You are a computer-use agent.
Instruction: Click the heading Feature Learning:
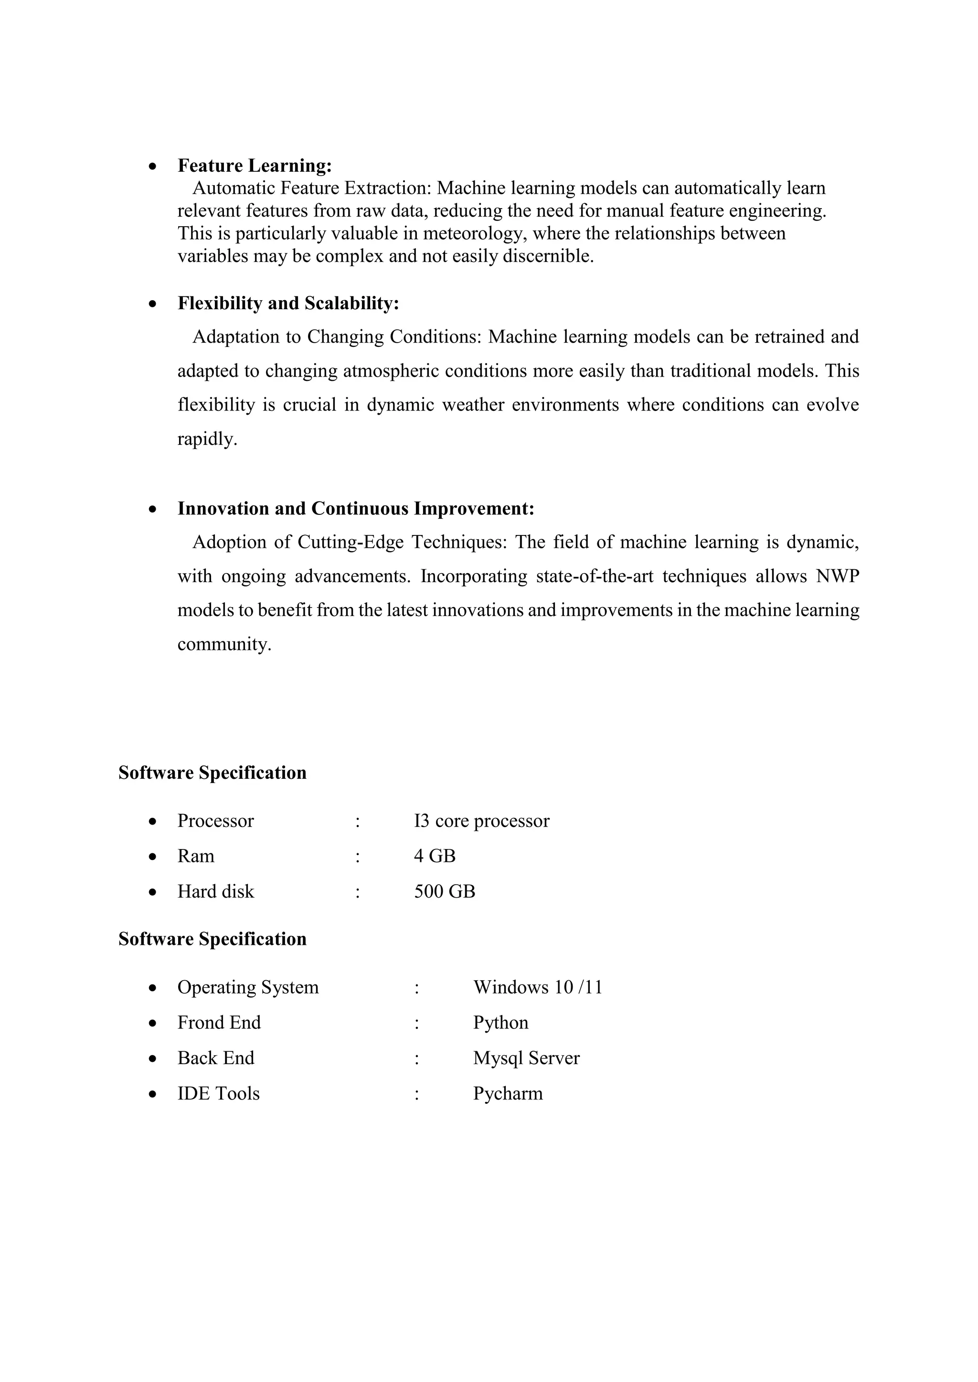point(254,166)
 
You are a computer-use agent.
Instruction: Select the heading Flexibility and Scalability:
point(288,304)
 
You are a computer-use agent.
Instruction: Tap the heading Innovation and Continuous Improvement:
point(355,509)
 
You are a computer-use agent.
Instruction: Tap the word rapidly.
point(207,440)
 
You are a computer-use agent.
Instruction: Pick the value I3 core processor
point(481,821)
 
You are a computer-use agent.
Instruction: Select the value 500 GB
point(445,891)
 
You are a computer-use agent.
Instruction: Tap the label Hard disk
point(215,891)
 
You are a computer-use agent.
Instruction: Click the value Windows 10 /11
point(537,987)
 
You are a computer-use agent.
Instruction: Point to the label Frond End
point(219,1023)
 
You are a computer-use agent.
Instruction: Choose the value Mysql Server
point(526,1058)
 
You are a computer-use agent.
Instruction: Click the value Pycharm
point(508,1094)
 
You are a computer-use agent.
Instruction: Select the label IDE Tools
point(218,1094)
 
